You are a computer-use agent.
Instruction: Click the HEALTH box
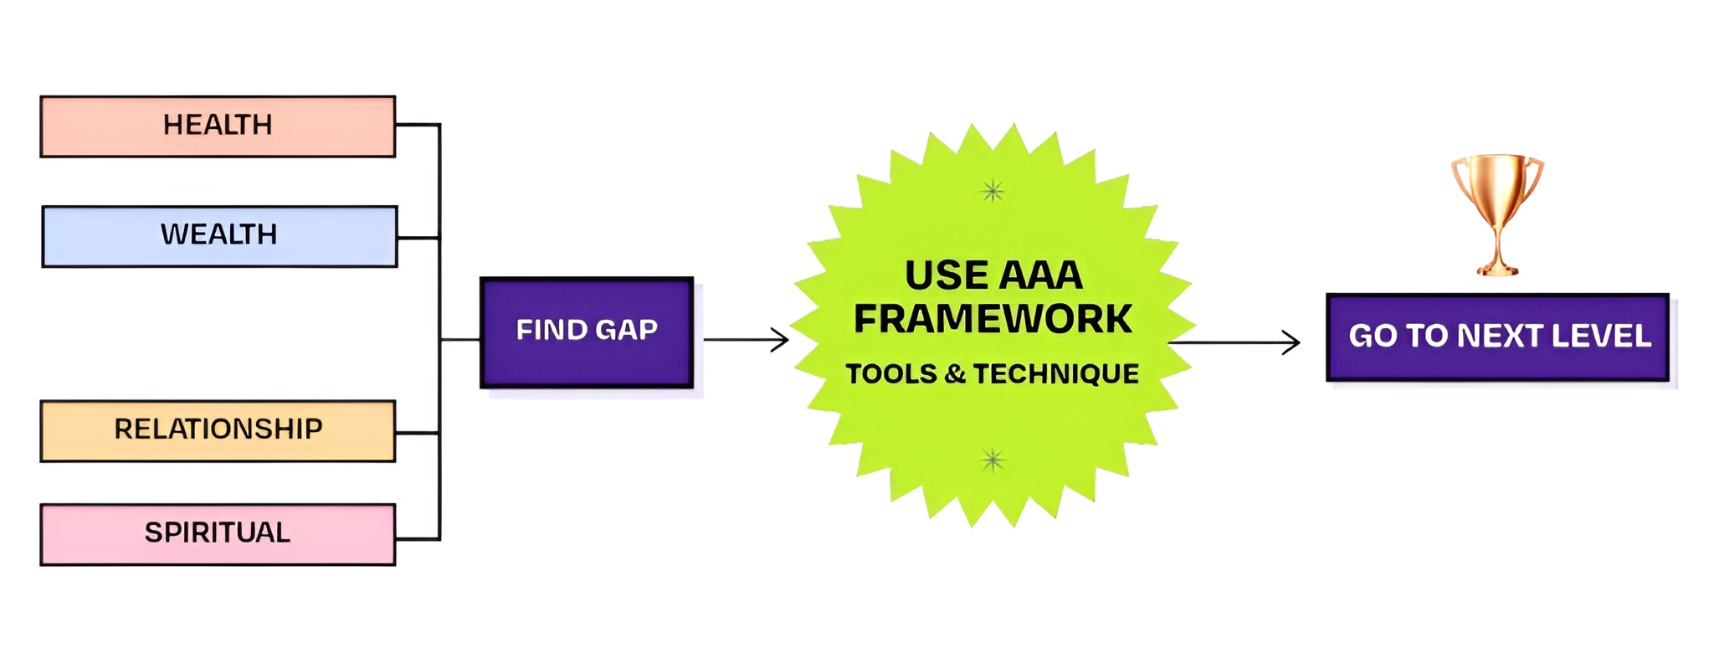[x=218, y=126]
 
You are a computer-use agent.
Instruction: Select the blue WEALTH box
[x=219, y=236]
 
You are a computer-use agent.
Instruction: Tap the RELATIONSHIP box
[x=218, y=431]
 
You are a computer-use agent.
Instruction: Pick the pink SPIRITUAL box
[x=218, y=534]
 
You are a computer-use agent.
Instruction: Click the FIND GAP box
[x=587, y=332]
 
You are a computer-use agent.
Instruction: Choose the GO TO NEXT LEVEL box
[x=1498, y=337]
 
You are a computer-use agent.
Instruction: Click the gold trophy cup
[x=1497, y=214]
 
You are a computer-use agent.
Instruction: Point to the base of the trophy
[x=1497, y=269]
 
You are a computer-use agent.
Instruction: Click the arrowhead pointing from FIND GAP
[x=780, y=340]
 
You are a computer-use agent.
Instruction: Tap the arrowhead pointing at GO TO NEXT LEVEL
[x=1291, y=342]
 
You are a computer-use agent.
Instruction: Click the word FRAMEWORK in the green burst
[x=993, y=319]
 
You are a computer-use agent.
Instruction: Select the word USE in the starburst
[x=942, y=275]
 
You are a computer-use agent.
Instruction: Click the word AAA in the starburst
[x=1040, y=275]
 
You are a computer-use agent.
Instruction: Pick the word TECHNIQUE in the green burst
[x=1055, y=374]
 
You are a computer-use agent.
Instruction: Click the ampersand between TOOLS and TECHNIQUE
[x=955, y=374]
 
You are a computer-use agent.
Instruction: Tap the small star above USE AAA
[x=993, y=191]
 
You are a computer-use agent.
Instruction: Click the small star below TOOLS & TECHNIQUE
[x=993, y=460]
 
